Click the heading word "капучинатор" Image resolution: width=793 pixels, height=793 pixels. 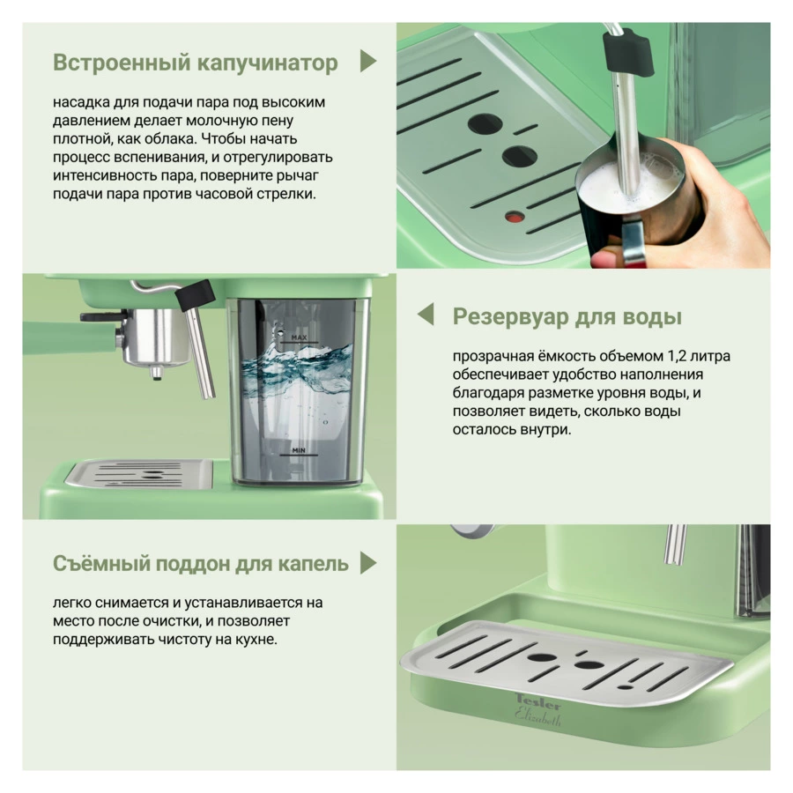pos(267,63)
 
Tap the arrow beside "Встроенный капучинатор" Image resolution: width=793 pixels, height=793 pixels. pos(367,61)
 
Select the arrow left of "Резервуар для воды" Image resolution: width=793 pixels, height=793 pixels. pos(426,314)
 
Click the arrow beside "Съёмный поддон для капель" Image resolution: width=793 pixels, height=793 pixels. pos(368,563)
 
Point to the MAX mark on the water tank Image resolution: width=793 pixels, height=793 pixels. pos(299,337)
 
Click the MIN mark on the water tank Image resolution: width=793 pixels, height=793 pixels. pos(299,450)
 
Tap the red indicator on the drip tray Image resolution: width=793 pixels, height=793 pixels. pos(515,217)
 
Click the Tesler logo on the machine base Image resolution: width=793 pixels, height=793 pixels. pos(538,701)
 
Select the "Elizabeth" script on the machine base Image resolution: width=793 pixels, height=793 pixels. pos(538,717)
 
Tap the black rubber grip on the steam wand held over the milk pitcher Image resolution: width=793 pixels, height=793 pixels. pos(626,53)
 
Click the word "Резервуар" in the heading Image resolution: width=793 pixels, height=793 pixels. pos(511,317)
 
